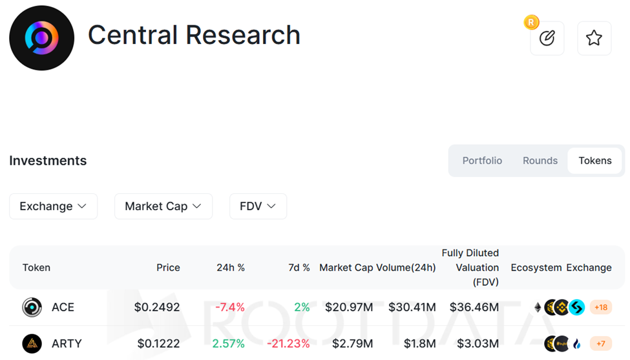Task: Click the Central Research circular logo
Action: pyautogui.click(x=41, y=38)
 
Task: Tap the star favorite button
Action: pyautogui.click(x=594, y=38)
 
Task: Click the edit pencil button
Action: pyautogui.click(x=547, y=38)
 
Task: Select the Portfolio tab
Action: pyautogui.click(x=482, y=160)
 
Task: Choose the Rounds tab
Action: pyautogui.click(x=540, y=160)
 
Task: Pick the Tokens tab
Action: pyautogui.click(x=594, y=160)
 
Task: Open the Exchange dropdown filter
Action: pyautogui.click(x=53, y=206)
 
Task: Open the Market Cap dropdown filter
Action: pyautogui.click(x=163, y=206)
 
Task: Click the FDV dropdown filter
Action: pyautogui.click(x=258, y=206)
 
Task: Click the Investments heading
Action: pyautogui.click(x=48, y=160)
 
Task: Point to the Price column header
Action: pyautogui.click(x=168, y=268)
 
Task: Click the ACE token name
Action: pyautogui.click(x=63, y=307)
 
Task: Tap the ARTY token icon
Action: pyautogui.click(x=32, y=343)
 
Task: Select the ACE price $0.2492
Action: pyautogui.click(x=157, y=307)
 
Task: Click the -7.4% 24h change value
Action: pyautogui.click(x=230, y=307)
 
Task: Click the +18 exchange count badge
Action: pyautogui.click(x=601, y=307)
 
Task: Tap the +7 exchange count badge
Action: pyautogui.click(x=601, y=343)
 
